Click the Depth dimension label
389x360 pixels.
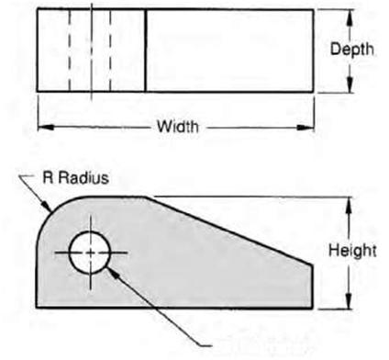tap(351, 51)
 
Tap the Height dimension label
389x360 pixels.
tap(352, 250)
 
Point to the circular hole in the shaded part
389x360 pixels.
tap(90, 250)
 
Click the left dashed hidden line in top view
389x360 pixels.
tap(70, 51)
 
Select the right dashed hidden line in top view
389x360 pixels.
tap(110, 51)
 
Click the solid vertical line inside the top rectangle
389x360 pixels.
tap(146, 51)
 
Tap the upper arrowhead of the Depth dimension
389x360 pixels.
tap(349, 15)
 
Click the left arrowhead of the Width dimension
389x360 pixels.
tap(42, 126)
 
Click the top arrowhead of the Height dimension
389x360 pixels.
tap(349, 201)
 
